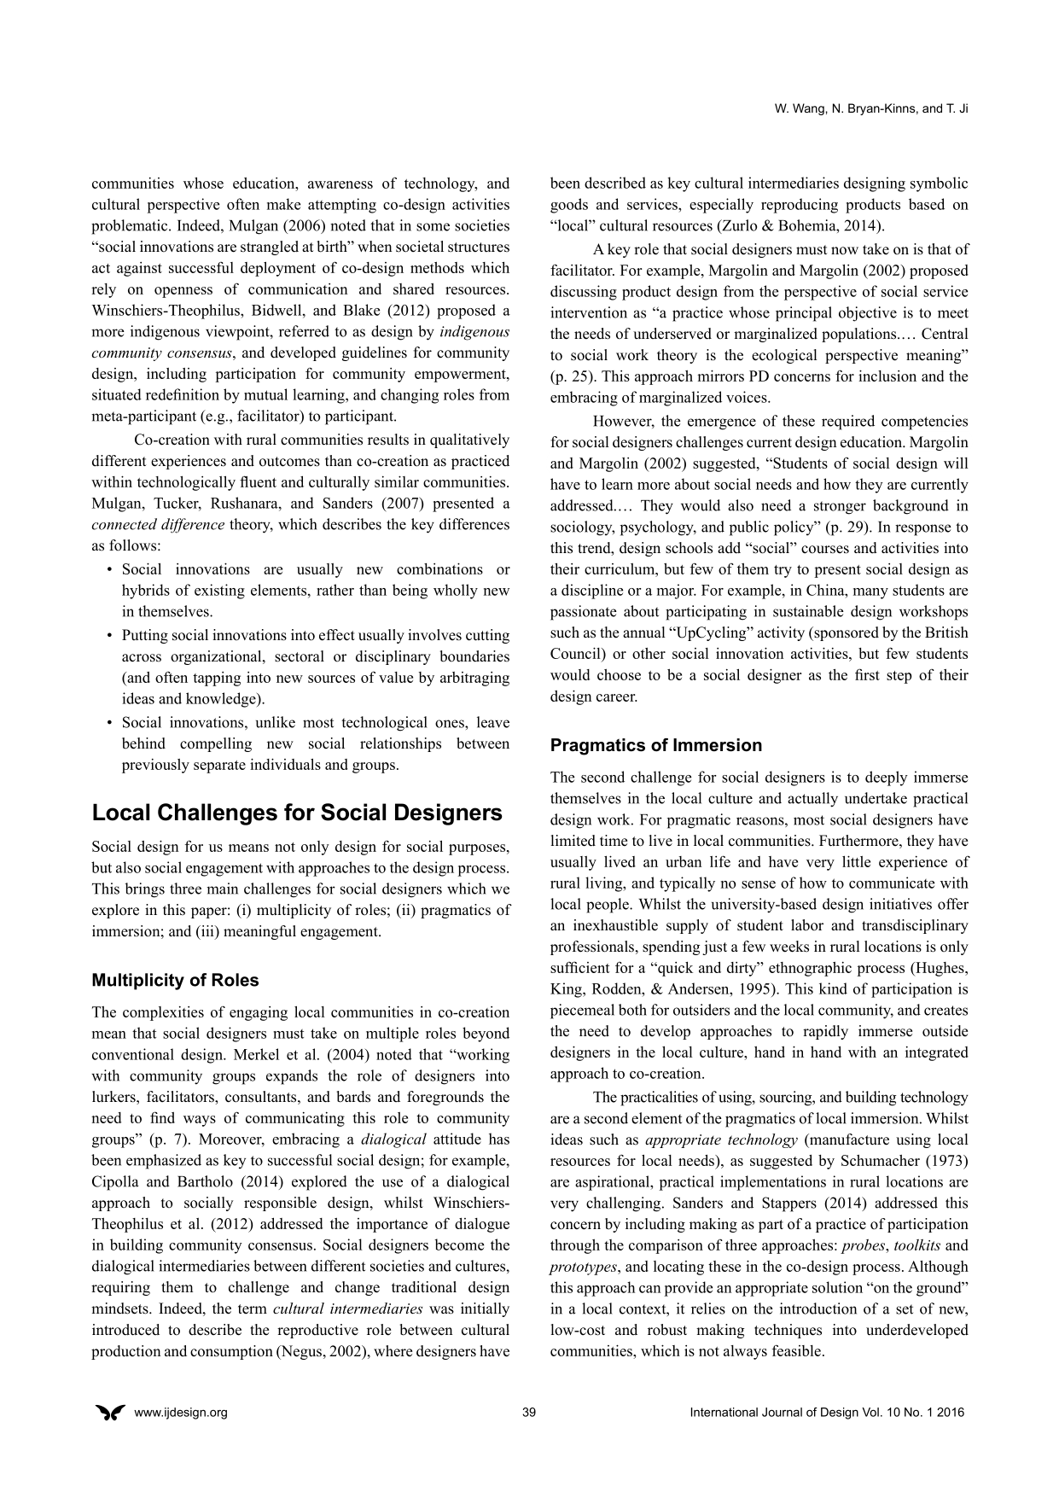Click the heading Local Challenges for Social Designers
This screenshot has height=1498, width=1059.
pyautogui.click(x=297, y=813)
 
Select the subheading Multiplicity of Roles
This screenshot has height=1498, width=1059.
pyautogui.click(x=175, y=980)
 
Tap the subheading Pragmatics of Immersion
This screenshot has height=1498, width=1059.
pyautogui.click(x=655, y=745)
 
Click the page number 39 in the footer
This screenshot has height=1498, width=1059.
pyautogui.click(x=529, y=1413)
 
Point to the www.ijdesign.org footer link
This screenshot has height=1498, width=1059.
pyautogui.click(x=181, y=1413)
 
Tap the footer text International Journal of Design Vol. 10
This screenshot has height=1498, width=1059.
pyautogui.click(x=826, y=1413)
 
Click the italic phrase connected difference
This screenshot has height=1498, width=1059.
pyautogui.click(x=158, y=525)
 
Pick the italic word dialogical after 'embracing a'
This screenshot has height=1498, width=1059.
pyautogui.click(x=393, y=1140)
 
